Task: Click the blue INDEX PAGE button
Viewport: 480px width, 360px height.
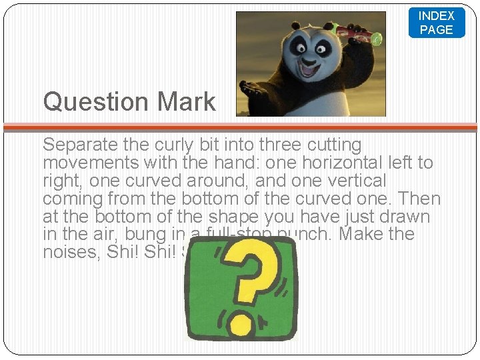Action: click(x=437, y=23)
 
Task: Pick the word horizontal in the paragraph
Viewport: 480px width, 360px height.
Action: click(x=310, y=163)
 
